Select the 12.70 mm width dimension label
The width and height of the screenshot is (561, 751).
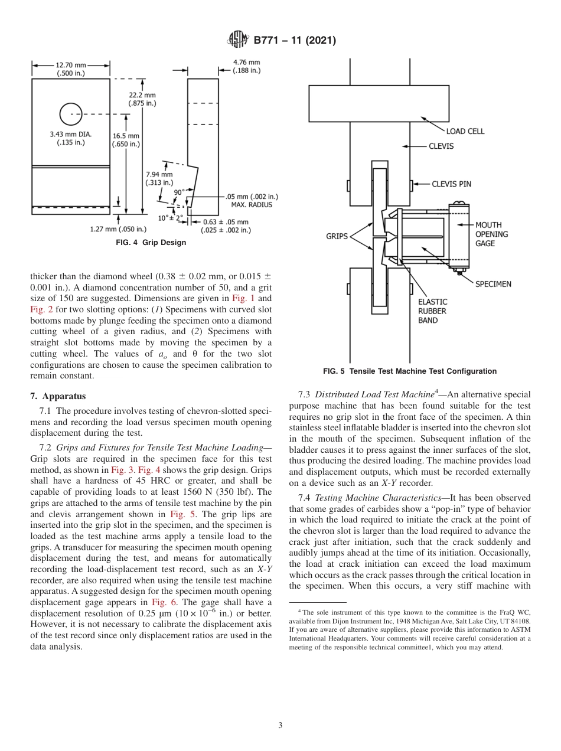point(70,68)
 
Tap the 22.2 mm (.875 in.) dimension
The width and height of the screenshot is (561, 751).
point(142,99)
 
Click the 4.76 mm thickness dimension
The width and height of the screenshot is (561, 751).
point(246,66)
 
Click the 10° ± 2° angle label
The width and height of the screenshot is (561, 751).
point(170,218)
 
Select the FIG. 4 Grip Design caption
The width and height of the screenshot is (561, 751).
point(151,242)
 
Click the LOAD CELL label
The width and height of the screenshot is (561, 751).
point(465,131)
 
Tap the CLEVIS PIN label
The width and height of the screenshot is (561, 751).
point(451,184)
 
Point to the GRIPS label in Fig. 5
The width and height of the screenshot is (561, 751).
point(337,236)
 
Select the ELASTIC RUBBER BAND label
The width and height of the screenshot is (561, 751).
point(432,311)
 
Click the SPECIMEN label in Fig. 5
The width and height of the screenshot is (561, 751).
point(493,284)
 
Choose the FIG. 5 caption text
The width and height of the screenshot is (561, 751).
point(409,371)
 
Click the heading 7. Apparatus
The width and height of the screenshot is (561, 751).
point(58,396)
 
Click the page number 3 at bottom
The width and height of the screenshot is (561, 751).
point(280,726)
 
